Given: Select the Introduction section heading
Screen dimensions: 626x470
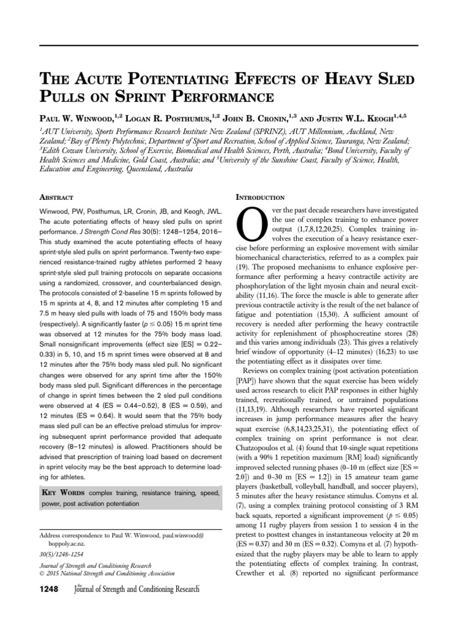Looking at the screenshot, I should [260, 197].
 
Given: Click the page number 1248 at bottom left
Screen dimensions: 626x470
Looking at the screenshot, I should [51, 589].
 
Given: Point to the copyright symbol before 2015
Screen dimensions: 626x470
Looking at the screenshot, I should [42, 574].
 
